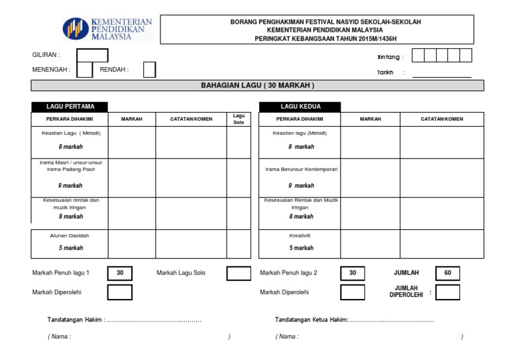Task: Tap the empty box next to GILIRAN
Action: (87, 55)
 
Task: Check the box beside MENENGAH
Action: (84, 70)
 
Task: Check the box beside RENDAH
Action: (149, 70)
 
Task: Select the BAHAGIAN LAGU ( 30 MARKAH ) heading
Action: (258, 86)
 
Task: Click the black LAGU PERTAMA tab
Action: (70, 106)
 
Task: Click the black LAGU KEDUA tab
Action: (300, 106)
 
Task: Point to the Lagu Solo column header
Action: (239, 119)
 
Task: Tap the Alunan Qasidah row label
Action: (70, 235)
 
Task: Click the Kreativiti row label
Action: (300, 235)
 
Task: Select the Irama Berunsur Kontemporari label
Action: (302, 169)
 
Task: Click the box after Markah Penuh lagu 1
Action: (120, 273)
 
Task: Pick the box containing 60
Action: (447, 273)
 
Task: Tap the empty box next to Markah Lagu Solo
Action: (239, 273)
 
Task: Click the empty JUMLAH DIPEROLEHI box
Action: (447, 292)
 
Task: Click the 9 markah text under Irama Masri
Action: (70, 186)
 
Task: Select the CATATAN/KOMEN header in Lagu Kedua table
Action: (442, 119)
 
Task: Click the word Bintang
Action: (390, 57)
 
